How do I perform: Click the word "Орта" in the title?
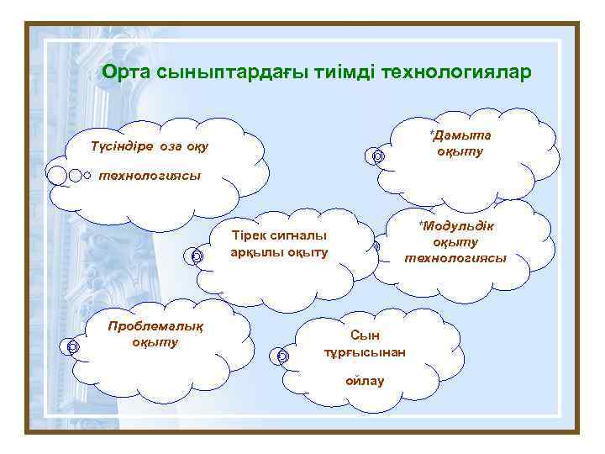pyautogui.click(x=126, y=73)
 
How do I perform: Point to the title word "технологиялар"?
pyautogui.click(x=456, y=73)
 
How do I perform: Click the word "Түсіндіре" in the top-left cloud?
pyautogui.click(x=122, y=147)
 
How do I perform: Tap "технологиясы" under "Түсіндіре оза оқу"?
pyautogui.click(x=150, y=176)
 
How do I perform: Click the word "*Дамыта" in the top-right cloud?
pyautogui.click(x=460, y=135)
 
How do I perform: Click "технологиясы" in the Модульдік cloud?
pyautogui.click(x=455, y=258)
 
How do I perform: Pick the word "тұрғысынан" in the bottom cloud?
pyautogui.click(x=365, y=352)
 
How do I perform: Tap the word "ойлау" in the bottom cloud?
pyautogui.click(x=365, y=381)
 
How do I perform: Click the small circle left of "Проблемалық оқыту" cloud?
pyautogui.click(x=73, y=346)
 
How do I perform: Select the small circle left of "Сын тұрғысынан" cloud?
pyautogui.click(x=282, y=356)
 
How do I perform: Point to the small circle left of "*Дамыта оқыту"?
pyautogui.click(x=378, y=156)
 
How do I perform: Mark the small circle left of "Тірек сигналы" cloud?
pyautogui.click(x=196, y=256)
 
